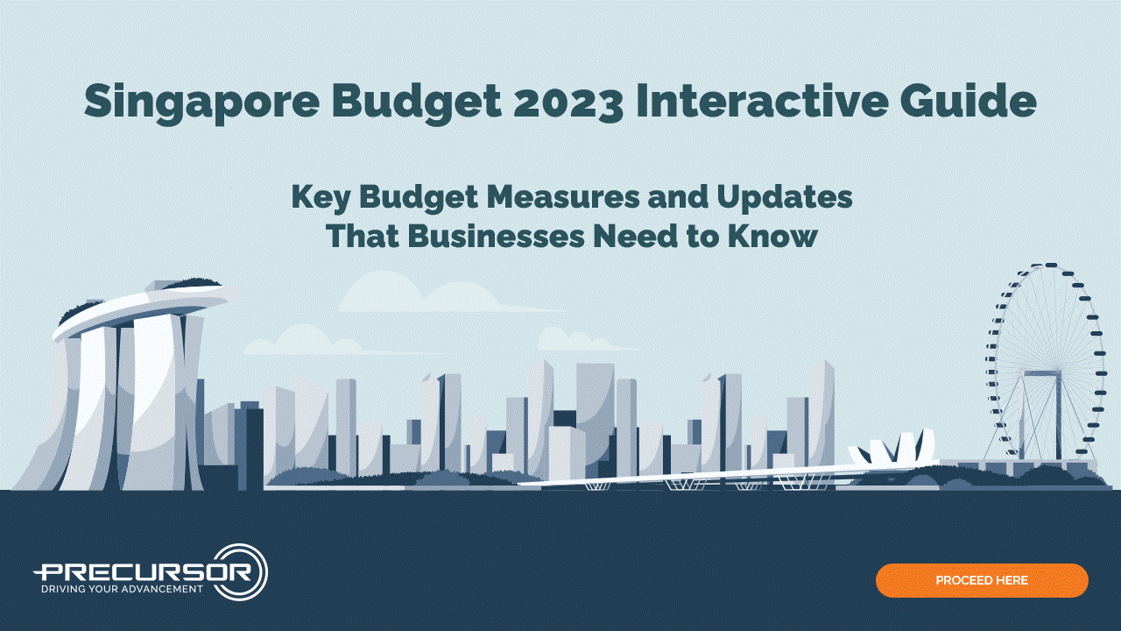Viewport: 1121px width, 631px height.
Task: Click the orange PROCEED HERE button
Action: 982,580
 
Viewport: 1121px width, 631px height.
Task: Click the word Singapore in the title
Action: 201,103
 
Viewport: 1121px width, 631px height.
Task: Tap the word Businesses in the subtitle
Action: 496,236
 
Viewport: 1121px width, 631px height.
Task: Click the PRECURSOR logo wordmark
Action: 145,571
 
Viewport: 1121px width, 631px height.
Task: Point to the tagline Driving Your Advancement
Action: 122,589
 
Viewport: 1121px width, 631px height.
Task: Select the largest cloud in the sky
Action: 426,293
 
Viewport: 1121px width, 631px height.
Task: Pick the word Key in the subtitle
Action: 321,199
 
